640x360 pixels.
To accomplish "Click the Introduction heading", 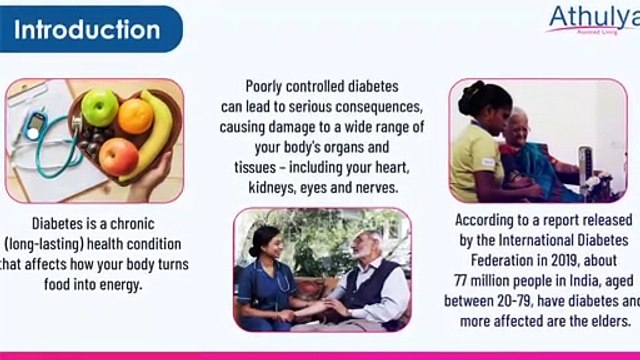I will [x=88, y=28].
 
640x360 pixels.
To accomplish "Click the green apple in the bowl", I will [x=99, y=107].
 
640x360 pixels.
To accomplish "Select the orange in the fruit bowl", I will [x=136, y=115].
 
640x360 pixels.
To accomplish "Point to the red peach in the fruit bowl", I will [x=118, y=154].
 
